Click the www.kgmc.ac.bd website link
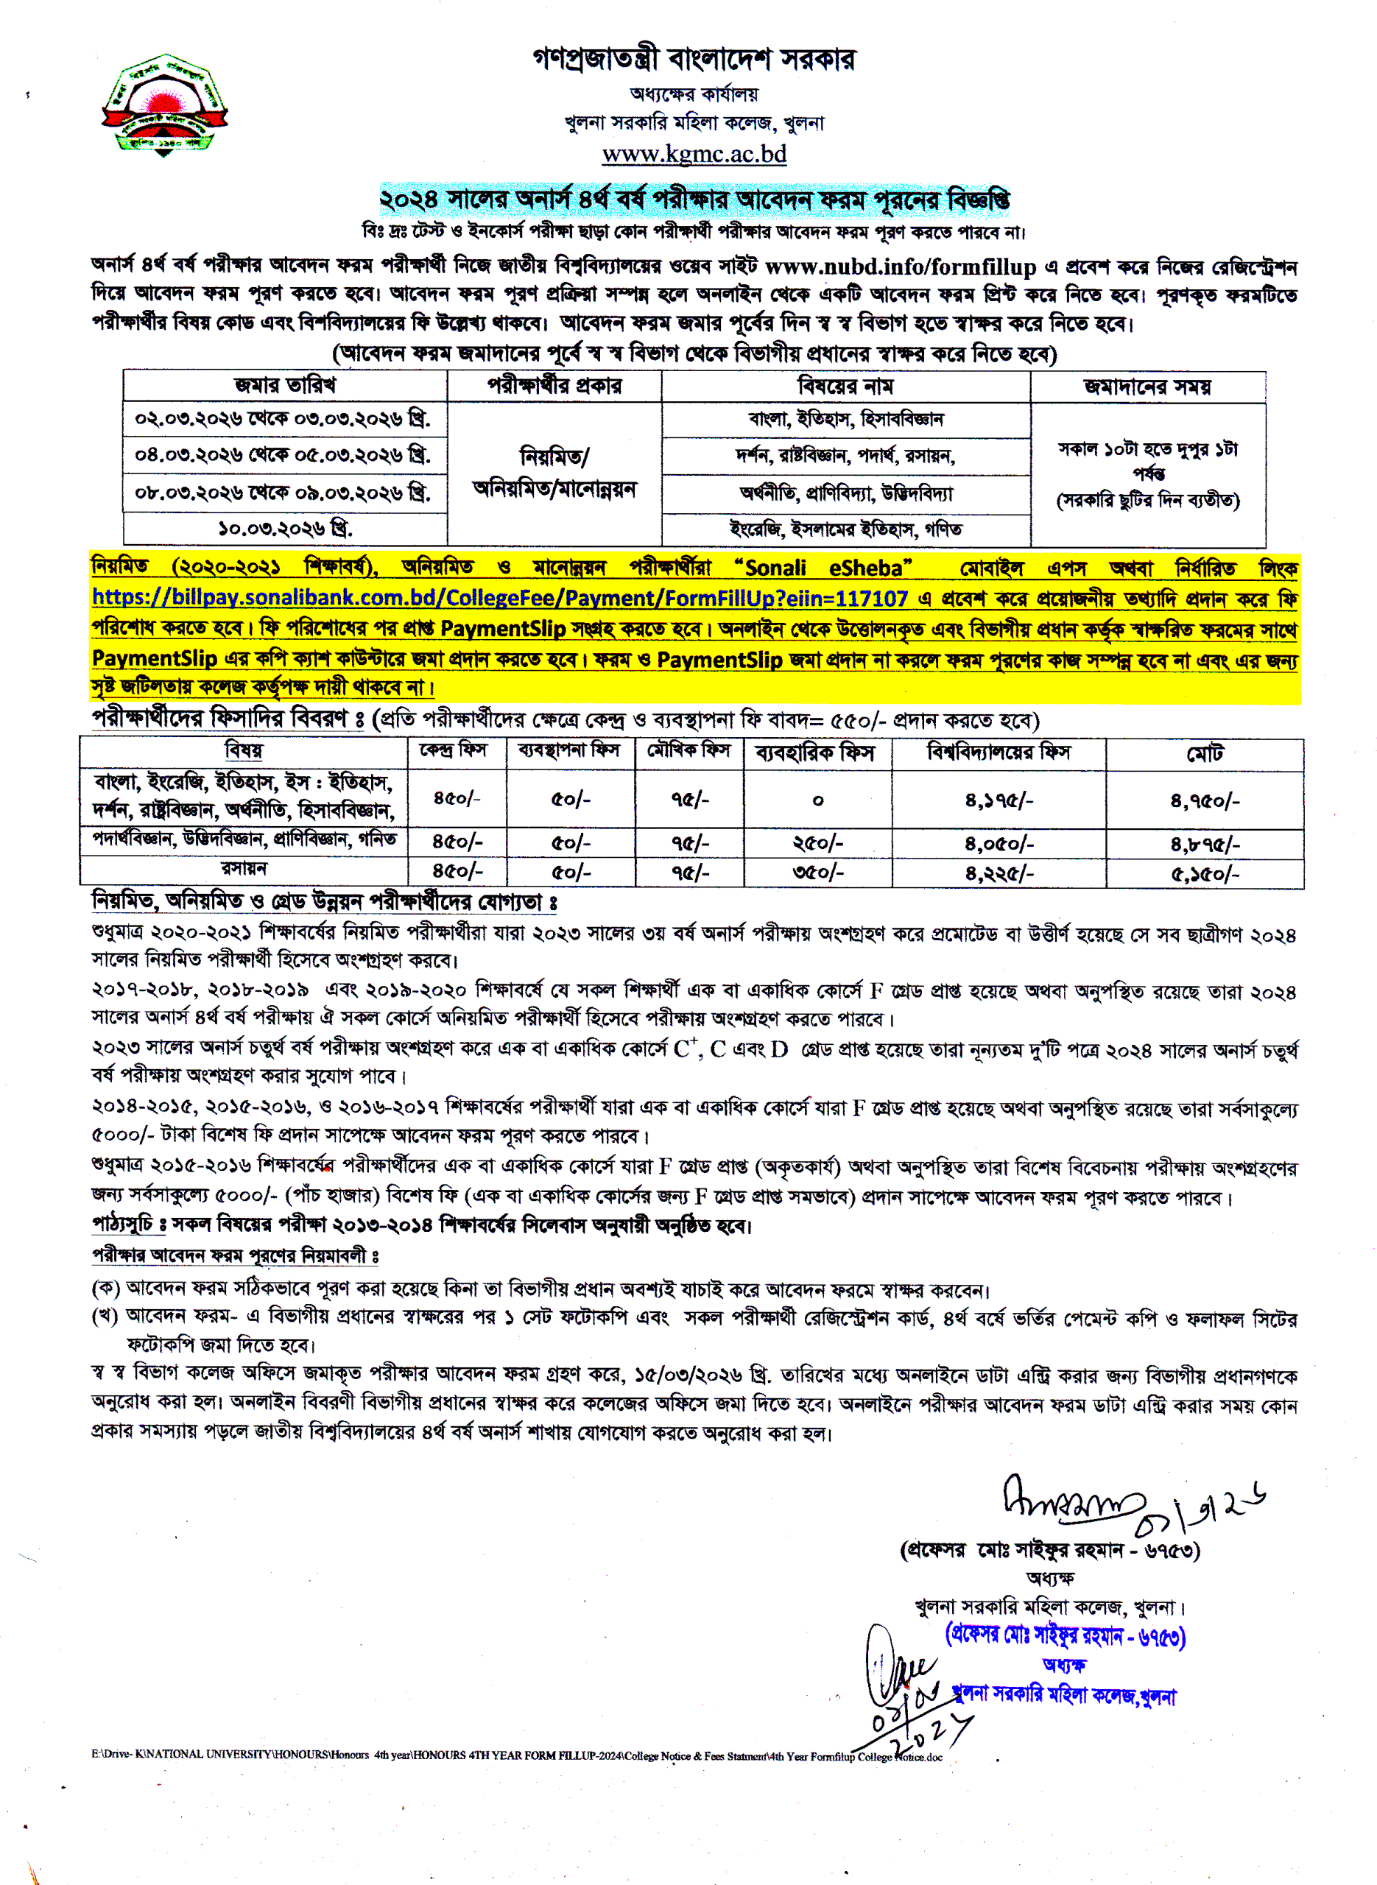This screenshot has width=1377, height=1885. tap(694, 154)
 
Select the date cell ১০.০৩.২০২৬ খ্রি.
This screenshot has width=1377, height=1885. tap(284, 529)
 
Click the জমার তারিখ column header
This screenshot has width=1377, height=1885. tap(284, 386)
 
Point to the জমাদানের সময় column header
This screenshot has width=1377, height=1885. tap(1147, 387)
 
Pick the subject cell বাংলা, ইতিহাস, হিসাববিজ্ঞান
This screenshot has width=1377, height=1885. tap(845, 419)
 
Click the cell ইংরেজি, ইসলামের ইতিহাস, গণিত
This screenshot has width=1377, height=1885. tap(845, 529)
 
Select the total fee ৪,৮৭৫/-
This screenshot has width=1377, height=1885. tap(1205, 844)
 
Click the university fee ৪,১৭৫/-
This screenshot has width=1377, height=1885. tap(999, 800)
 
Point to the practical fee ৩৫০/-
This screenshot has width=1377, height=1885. tap(817, 873)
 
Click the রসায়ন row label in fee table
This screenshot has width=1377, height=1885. tap(244, 868)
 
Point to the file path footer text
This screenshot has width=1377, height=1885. tap(516, 1755)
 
